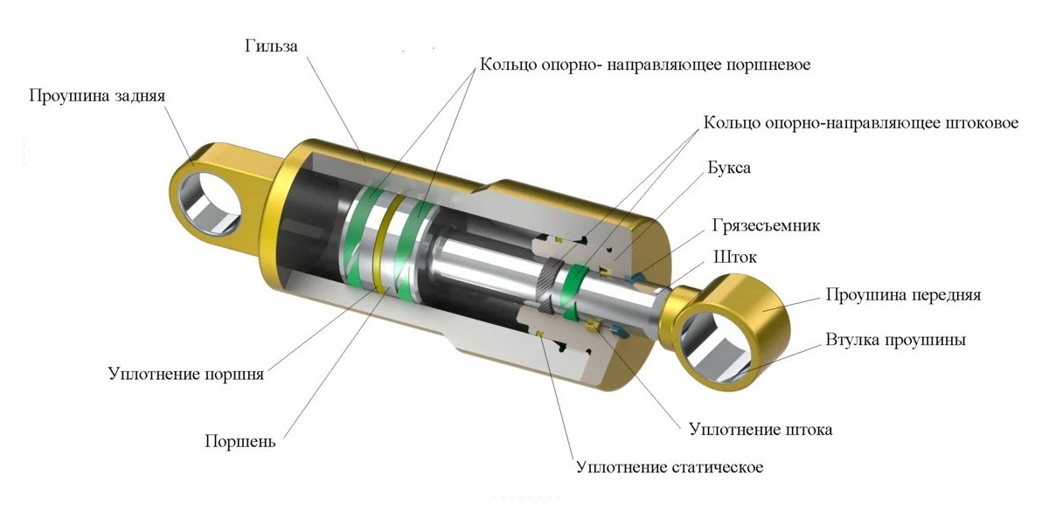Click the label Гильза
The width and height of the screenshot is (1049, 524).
point(271,46)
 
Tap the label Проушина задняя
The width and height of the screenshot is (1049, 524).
point(97,96)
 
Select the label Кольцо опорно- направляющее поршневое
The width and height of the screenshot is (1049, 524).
point(645,65)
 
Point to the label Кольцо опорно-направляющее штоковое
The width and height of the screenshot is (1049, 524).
point(861,123)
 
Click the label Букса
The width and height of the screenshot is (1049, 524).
point(729,168)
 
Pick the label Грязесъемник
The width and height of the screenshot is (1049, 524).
point(766,225)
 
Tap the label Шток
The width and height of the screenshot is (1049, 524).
point(735,257)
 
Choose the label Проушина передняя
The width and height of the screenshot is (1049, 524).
point(903,295)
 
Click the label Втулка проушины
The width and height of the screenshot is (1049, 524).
point(895,340)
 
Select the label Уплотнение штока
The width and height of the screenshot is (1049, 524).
point(761,430)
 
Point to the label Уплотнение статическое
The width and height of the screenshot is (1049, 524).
point(670,467)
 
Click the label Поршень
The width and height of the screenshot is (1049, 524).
point(240,441)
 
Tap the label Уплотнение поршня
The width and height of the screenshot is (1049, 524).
point(186,374)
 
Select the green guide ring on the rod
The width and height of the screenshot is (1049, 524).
point(573,293)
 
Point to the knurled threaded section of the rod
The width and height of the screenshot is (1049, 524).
point(549,286)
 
